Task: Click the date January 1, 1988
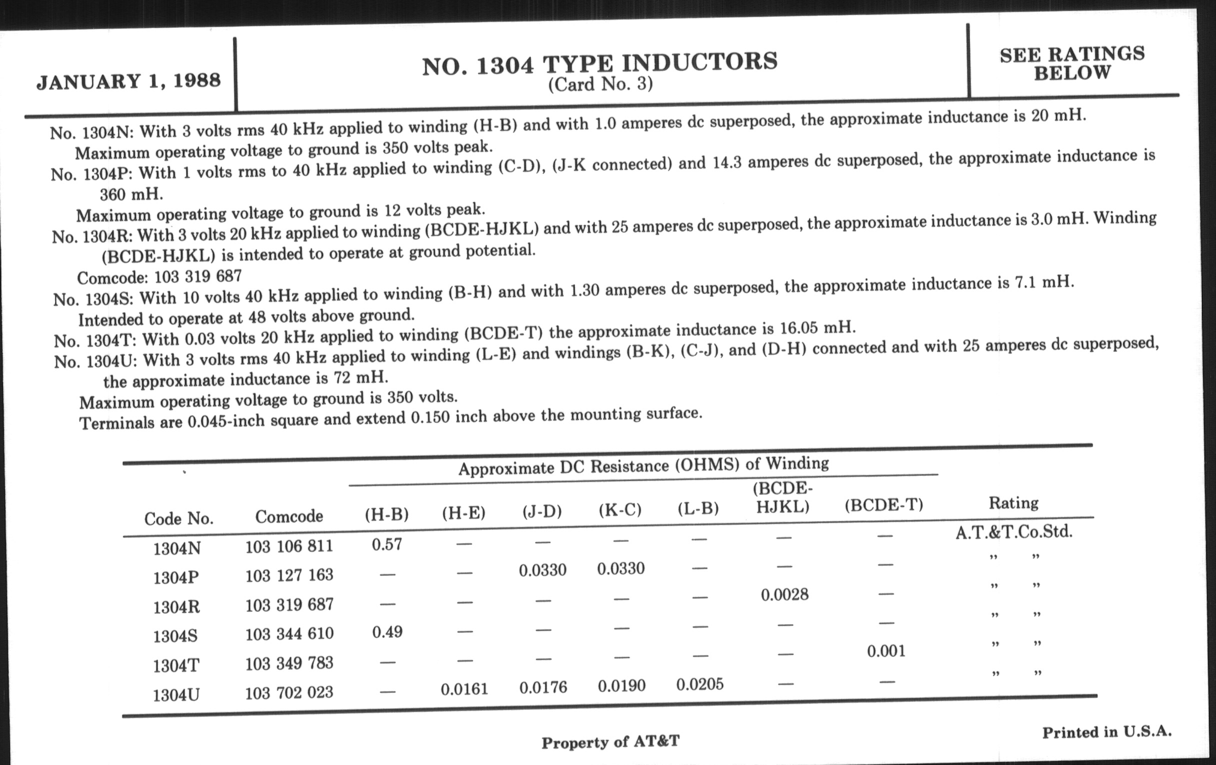tap(128, 81)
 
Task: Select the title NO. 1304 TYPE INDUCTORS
tap(599, 63)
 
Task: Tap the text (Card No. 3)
tap(600, 84)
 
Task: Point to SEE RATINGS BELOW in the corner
tap(1071, 63)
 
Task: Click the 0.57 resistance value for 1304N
tap(387, 544)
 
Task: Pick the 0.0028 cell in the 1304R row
tap(784, 595)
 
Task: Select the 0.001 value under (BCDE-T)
tap(886, 651)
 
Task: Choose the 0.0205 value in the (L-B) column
tap(700, 684)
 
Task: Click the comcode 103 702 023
tap(289, 692)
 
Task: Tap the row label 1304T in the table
tap(176, 666)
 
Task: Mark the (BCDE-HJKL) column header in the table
tap(782, 497)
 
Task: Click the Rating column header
tap(1013, 503)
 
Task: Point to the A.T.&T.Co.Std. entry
tap(1013, 531)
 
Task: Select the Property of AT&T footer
tap(610, 742)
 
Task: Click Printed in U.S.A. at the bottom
tap(1106, 731)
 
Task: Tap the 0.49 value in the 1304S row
tap(387, 632)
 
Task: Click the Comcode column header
tap(289, 516)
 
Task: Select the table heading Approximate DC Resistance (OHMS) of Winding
tap(643, 465)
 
